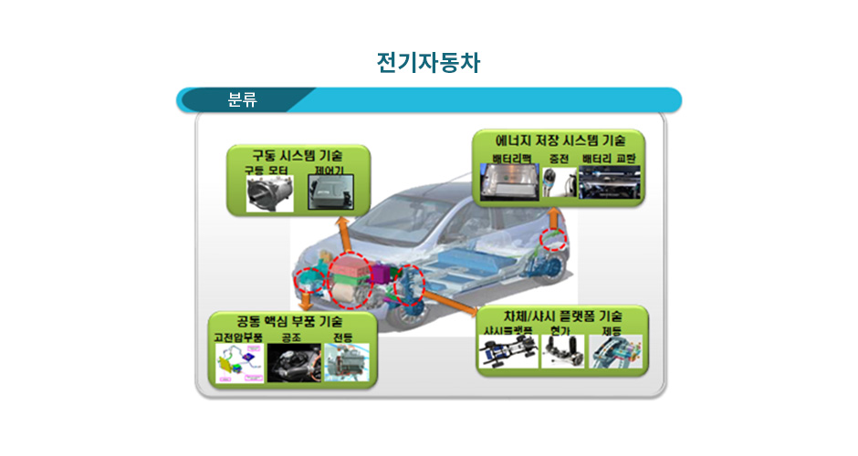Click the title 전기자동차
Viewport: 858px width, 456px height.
[428, 63]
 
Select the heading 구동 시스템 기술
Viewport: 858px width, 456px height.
[298, 154]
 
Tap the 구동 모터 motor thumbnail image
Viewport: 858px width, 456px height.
[269, 194]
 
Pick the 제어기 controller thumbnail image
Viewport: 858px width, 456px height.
[330, 193]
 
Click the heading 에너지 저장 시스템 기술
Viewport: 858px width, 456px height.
[560, 141]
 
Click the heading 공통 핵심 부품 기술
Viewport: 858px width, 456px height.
[289, 321]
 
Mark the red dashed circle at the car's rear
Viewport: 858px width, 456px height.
[553, 239]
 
